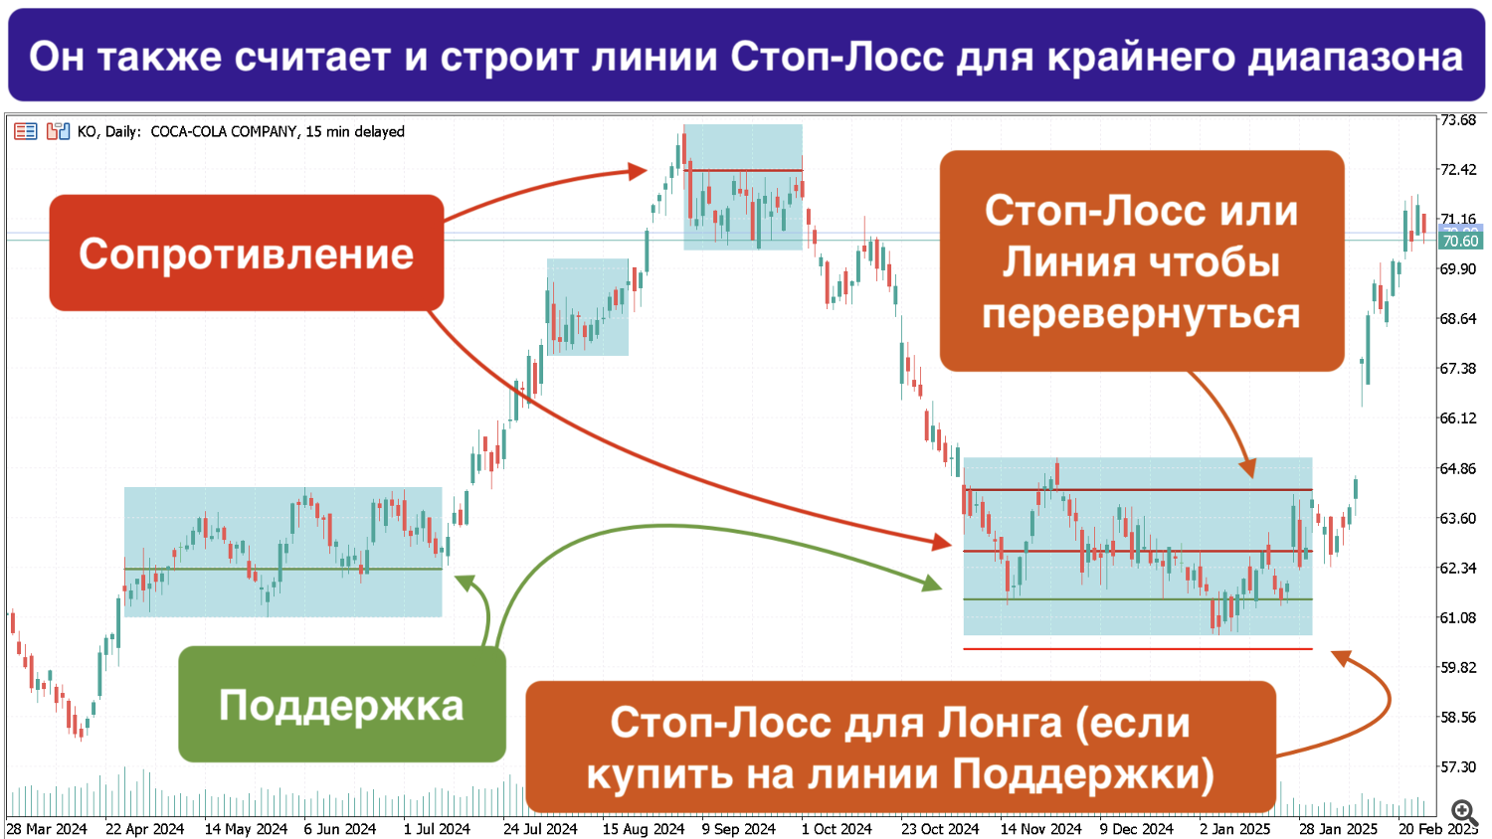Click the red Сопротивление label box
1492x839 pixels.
[x=247, y=253]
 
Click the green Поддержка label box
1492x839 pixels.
[x=342, y=705]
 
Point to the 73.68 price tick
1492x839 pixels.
[x=1458, y=120]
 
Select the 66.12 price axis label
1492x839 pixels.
[x=1458, y=419]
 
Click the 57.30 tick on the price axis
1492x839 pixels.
[x=1458, y=767]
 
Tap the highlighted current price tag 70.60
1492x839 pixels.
[x=1460, y=241]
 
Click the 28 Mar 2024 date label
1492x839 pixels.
[x=47, y=829]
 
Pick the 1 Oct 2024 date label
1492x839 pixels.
[x=837, y=829]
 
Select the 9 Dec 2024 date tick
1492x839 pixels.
[x=1136, y=829]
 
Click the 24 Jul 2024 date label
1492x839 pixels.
[x=540, y=829]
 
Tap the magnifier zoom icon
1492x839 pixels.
[x=1464, y=812]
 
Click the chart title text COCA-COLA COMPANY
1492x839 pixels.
[x=223, y=132]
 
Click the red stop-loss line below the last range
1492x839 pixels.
[x=1138, y=648]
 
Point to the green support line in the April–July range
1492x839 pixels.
[x=283, y=569]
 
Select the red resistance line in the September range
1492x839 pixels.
[x=743, y=170]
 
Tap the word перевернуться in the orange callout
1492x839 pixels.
[x=1141, y=313]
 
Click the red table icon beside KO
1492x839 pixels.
[x=25, y=131]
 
